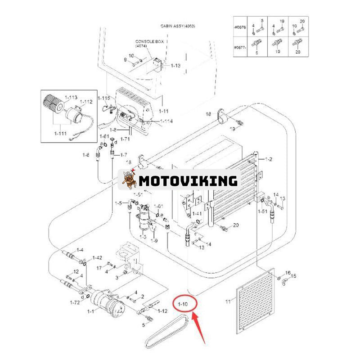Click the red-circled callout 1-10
(184, 305)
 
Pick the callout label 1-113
(71, 97)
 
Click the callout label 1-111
(60, 134)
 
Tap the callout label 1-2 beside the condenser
(269, 159)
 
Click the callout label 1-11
(163, 111)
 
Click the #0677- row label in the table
(240, 47)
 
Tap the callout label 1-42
(97, 258)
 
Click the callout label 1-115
(103, 98)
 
